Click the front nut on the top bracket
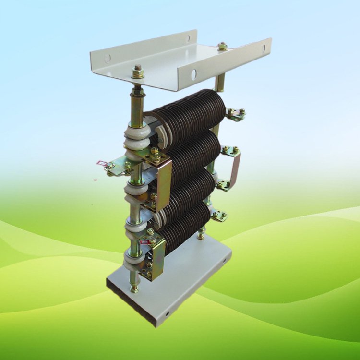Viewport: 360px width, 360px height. [x=138, y=72]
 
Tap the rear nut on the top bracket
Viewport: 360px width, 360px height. [x=222, y=47]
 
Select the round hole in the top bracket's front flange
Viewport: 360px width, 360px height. [x=193, y=74]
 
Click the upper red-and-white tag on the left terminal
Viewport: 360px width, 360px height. [x=102, y=164]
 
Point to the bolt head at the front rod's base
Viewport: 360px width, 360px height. [x=134, y=288]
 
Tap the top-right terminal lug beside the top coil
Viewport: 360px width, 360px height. [x=236, y=114]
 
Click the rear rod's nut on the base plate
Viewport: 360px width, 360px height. [x=201, y=236]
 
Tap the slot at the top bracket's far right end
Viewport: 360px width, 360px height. [x=263, y=48]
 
